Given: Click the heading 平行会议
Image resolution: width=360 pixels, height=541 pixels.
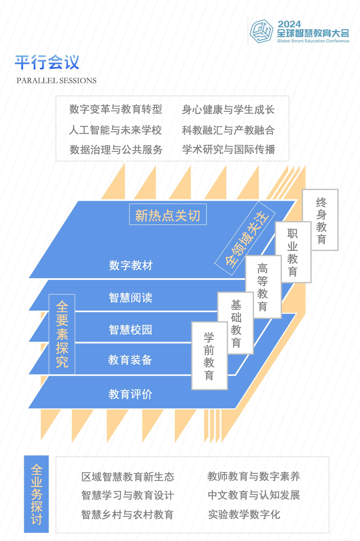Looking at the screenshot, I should pyautogui.click(x=47, y=62).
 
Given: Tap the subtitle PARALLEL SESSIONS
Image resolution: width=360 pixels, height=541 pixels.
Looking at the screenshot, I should pyautogui.click(x=56, y=81).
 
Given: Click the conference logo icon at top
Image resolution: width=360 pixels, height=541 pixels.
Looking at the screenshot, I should pyautogui.click(x=261, y=32).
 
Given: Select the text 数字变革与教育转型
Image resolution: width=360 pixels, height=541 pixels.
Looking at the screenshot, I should pyautogui.click(x=116, y=109).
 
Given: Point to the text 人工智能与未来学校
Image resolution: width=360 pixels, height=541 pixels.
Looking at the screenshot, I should pyautogui.click(x=115, y=130).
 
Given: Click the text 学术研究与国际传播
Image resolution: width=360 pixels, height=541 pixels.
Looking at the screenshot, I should pyautogui.click(x=228, y=150).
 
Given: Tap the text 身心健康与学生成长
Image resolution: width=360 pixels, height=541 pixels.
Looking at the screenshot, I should pyautogui.click(x=228, y=109).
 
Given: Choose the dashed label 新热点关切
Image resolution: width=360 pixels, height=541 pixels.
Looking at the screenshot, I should pyautogui.click(x=168, y=215).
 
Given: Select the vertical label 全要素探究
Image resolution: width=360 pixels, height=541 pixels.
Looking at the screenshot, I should pyautogui.click(x=62, y=334).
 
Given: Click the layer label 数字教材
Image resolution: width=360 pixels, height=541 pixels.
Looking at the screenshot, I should pyautogui.click(x=131, y=265).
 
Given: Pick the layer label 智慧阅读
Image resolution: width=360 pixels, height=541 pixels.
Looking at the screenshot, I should pyautogui.click(x=131, y=298).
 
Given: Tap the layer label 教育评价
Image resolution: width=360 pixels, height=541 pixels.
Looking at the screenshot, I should pyautogui.click(x=131, y=394).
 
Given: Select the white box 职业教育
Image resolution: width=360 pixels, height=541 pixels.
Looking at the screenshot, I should pyautogui.click(x=293, y=253).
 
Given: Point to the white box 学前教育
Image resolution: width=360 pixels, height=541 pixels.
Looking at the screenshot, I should pyautogui.click(x=209, y=356).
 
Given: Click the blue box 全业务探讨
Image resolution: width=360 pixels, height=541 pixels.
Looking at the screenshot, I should pyautogui.click(x=36, y=494).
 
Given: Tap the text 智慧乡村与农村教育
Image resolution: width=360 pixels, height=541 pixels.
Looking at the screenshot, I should pyautogui.click(x=127, y=515).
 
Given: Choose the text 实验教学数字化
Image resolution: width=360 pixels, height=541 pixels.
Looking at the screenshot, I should pyautogui.click(x=244, y=515).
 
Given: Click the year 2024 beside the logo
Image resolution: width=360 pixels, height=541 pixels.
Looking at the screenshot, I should pyautogui.click(x=289, y=24).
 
